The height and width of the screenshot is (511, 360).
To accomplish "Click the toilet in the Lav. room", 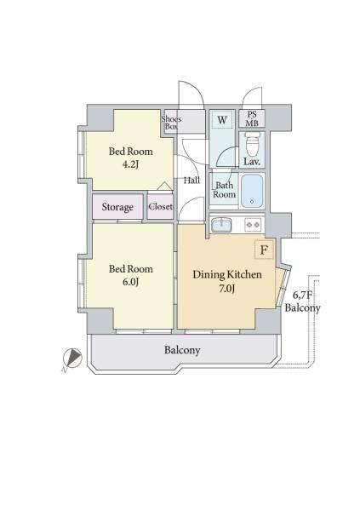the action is pos(252,144).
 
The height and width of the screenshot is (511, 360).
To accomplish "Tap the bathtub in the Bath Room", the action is pos(252,191).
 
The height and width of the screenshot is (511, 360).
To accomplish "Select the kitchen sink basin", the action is pos(221,225).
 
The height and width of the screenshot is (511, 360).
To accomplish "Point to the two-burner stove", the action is pos(253,225).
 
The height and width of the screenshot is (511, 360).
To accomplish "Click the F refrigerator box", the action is pos(264,250).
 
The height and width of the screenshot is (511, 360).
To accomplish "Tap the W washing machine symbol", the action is pos(222,119).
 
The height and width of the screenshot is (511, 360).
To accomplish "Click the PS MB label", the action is pos(252,118).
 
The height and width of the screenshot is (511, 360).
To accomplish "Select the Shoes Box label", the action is pos(171,123).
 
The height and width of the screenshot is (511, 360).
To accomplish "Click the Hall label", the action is pos(191,181).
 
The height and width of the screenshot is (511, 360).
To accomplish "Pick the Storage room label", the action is pos(117,207).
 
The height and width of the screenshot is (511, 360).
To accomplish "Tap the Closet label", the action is pos(160,206).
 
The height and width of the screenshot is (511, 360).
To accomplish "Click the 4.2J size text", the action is pos(131,164).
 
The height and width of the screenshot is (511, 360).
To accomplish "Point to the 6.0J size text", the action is pos(131,282).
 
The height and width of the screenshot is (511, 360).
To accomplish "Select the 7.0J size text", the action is pos(226,289).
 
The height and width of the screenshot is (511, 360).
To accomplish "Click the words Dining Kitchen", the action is pos(227,275).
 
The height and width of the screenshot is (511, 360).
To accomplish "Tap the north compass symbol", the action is pos(73,358).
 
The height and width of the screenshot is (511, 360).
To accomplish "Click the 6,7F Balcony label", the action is pos(302,301).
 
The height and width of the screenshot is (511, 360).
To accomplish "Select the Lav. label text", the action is pos(252,162).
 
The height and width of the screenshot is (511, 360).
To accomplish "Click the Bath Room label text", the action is pos(224,190).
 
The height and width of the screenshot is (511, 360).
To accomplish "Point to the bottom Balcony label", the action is pos(182,350).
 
